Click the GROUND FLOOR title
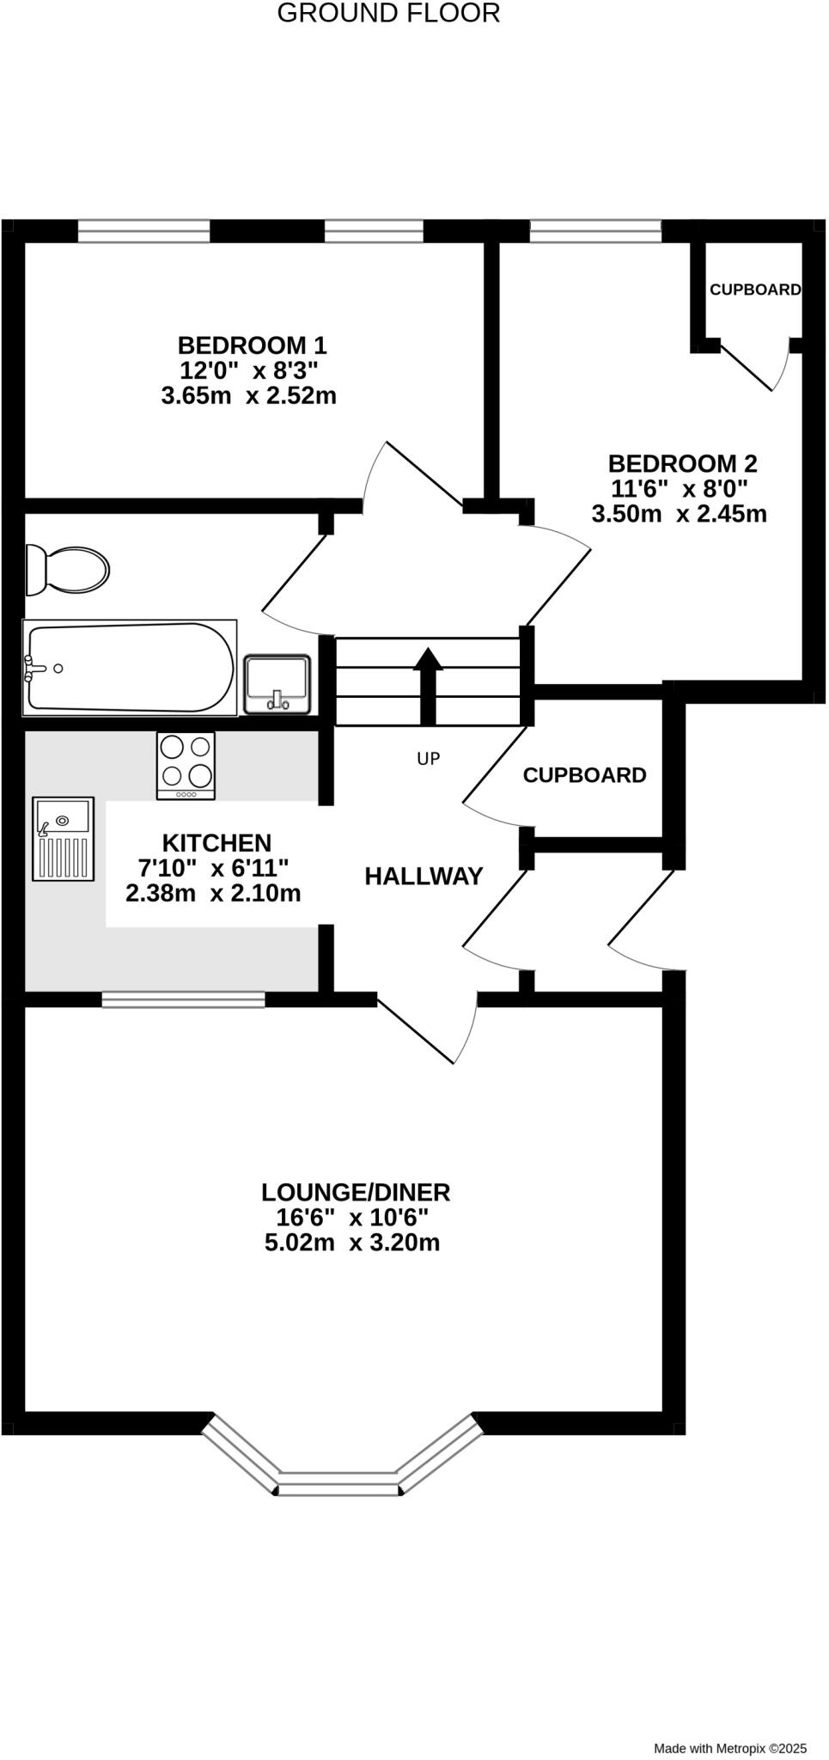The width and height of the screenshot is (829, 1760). [x=388, y=14]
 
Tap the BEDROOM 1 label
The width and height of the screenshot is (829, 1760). [x=252, y=345]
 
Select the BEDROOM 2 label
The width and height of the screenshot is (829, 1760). [x=682, y=464]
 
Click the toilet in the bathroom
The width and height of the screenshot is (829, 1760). [x=67, y=569]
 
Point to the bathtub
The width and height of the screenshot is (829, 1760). [x=129, y=668]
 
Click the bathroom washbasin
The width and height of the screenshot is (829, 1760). [x=277, y=684]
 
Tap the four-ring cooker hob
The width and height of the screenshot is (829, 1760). [x=186, y=765]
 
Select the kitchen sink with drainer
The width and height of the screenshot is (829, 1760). [x=63, y=838]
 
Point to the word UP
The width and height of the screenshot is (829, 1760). [x=428, y=758]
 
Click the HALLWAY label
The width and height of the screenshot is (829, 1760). [x=424, y=877]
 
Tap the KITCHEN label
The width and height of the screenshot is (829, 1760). [x=216, y=843]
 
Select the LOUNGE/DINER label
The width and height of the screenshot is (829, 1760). [x=356, y=1192]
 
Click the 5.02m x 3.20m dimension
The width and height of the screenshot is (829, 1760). [x=352, y=1243]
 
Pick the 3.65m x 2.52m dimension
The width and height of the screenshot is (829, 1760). [x=248, y=396]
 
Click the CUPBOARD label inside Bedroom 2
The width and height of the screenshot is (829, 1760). [x=755, y=290]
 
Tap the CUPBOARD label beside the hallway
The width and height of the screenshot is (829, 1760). [x=584, y=775]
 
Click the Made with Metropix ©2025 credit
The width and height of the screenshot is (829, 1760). [x=730, y=1747]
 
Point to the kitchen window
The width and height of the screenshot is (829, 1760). [x=183, y=999]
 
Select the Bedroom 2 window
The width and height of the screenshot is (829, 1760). [x=595, y=230]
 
